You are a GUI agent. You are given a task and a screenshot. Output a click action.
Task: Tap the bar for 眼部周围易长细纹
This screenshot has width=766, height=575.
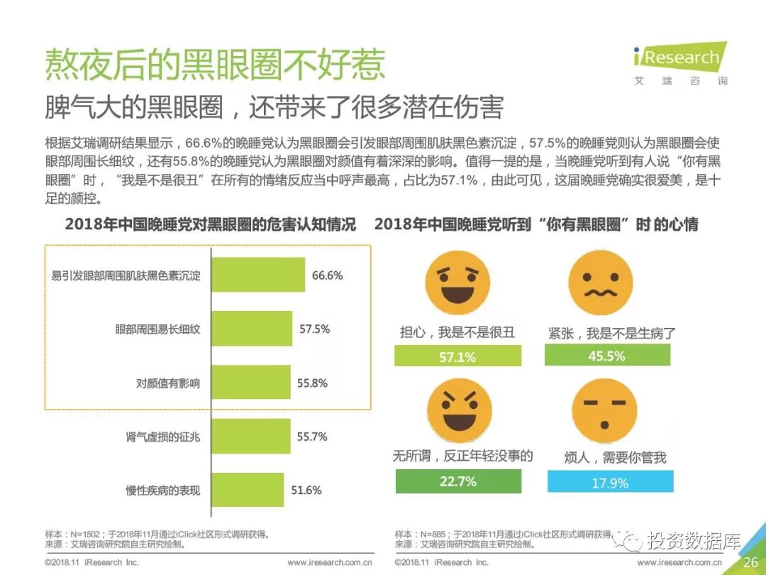[x=252, y=329]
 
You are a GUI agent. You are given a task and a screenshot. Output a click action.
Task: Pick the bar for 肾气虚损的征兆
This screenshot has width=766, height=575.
[x=251, y=437]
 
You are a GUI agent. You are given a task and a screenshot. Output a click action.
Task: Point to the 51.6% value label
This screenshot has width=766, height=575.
[x=306, y=491]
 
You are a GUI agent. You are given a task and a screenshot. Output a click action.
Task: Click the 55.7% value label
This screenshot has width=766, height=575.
[x=312, y=437]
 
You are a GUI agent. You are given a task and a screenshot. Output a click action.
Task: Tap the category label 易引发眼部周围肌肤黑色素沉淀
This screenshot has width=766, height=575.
[x=126, y=275]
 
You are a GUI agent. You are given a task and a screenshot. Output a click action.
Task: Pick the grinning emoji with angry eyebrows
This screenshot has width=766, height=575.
[x=457, y=410]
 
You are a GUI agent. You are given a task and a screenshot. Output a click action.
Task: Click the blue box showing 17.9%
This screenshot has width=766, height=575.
[x=610, y=483]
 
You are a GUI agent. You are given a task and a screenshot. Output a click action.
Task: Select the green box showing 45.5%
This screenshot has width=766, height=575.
[x=607, y=356]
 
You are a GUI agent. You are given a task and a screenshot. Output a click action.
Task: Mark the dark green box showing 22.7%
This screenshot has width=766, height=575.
[x=457, y=482]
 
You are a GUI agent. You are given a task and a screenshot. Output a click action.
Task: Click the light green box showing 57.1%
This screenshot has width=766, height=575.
[x=457, y=356]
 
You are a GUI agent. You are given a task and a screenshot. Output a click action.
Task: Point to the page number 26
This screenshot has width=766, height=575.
[x=750, y=562]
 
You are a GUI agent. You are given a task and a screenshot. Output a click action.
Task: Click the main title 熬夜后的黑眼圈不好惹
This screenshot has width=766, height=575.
[x=215, y=65]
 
